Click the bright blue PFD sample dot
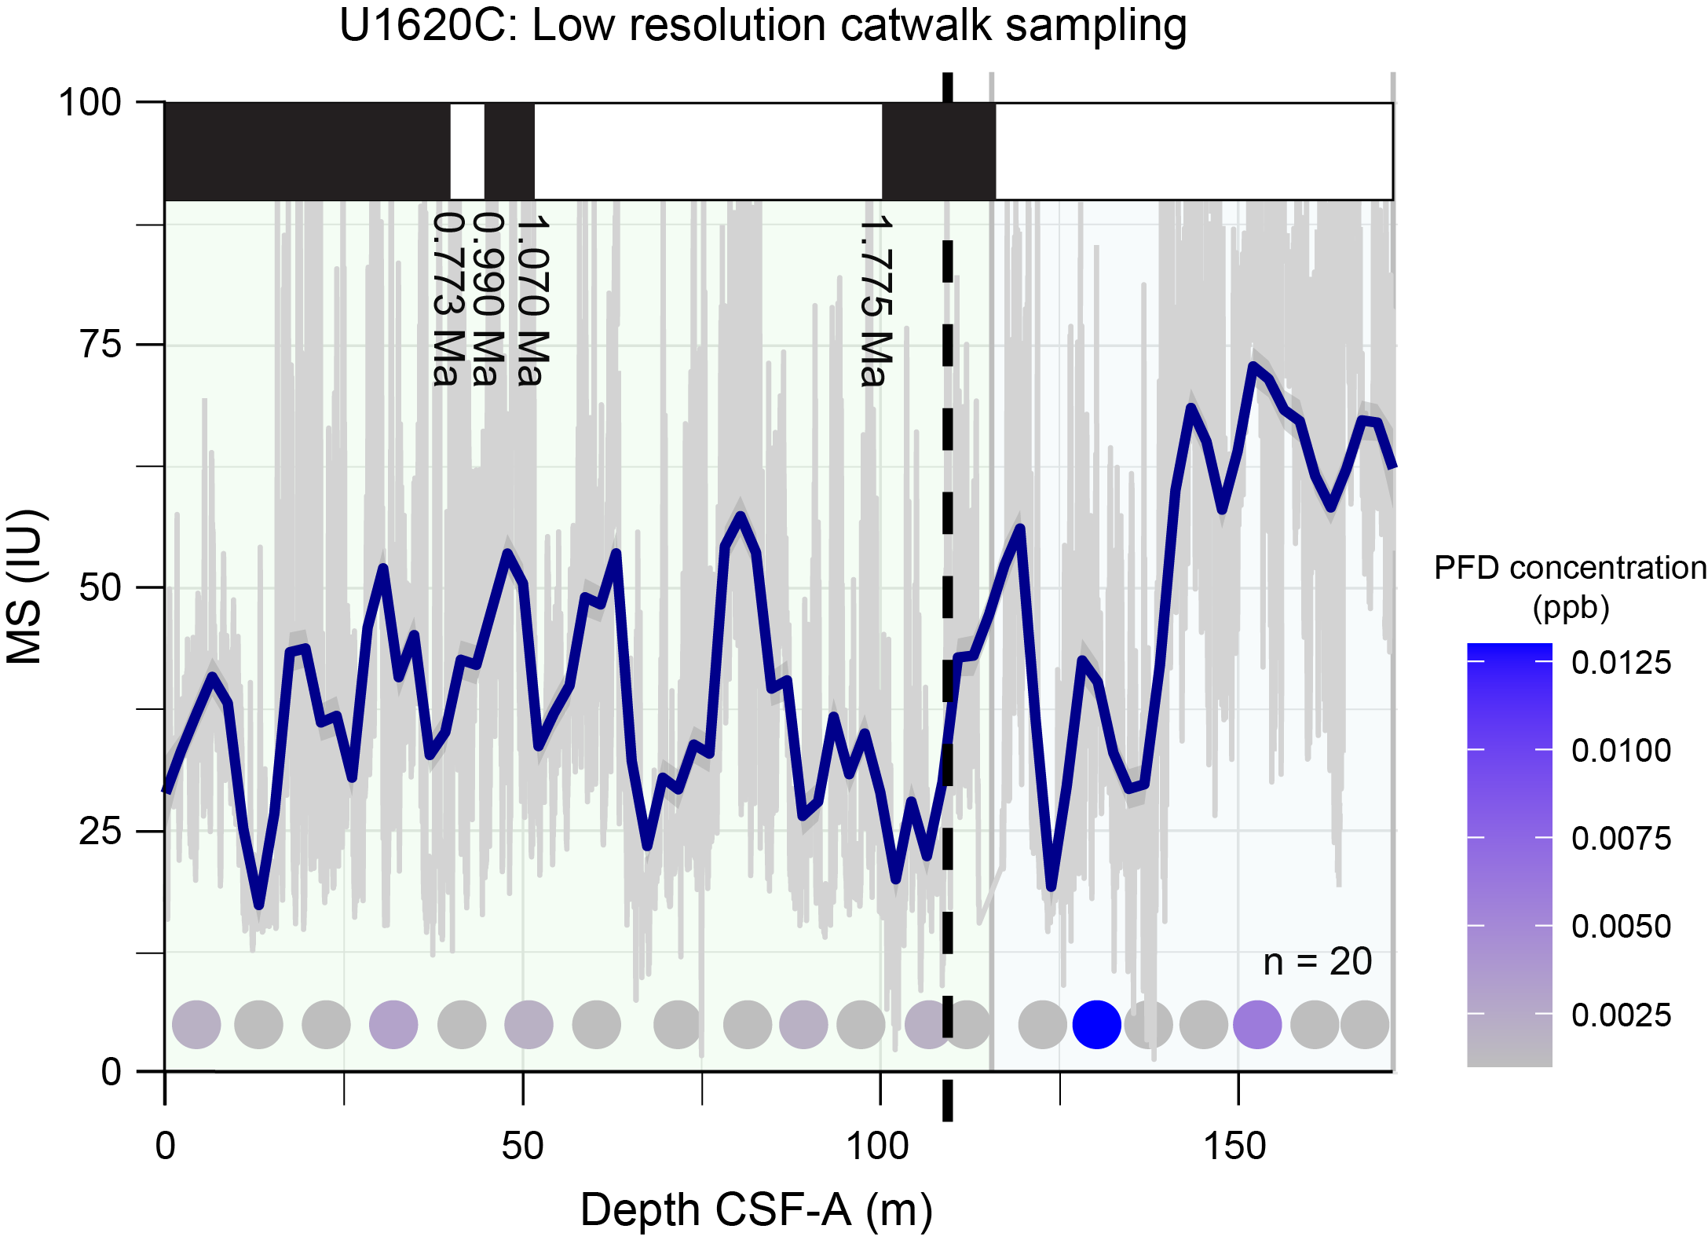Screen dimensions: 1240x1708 tap(1096, 1024)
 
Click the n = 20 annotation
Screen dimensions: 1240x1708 tap(1317, 961)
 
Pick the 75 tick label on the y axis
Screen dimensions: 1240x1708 tap(101, 344)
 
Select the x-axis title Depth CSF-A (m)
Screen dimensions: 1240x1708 tap(756, 1209)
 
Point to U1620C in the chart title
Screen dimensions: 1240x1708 tap(429, 25)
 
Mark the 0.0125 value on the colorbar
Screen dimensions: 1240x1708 tap(1621, 663)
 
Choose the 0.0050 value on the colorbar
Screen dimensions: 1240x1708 tap(1621, 927)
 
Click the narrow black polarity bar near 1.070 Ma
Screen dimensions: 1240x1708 tap(509, 151)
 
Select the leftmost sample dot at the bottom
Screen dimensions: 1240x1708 tap(196, 1024)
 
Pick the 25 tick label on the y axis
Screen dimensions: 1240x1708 tap(101, 831)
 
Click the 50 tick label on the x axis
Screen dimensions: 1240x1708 tap(522, 1146)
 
